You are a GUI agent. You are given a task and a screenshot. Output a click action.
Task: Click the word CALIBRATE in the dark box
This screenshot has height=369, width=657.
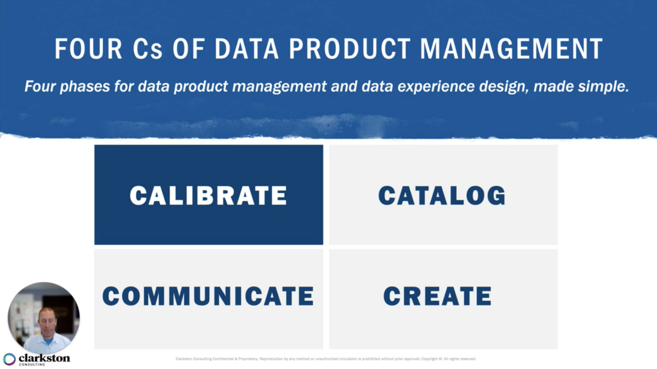click(208, 195)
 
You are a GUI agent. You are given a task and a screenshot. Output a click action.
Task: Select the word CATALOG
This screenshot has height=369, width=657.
click(442, 195)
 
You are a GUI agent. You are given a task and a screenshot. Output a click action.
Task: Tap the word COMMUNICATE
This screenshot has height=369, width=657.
click(208, 296)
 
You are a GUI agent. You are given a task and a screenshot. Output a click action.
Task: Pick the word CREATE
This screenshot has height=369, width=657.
click(437, 296)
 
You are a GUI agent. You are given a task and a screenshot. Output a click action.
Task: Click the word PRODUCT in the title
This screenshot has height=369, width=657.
click(350, 49)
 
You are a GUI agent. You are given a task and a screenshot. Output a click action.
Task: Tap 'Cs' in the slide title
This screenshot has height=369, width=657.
click(148, 49)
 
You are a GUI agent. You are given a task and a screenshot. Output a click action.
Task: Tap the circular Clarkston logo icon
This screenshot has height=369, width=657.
click(9, 359)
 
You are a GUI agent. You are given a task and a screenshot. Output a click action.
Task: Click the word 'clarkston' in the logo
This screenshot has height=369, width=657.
click(44, 358)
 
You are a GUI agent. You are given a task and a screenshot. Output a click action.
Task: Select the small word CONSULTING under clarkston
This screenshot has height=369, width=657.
click(32, 364)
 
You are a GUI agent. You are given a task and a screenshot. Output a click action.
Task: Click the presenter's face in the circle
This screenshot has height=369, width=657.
click(46, 322)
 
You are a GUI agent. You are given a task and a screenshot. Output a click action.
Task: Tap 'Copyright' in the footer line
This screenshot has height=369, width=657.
click(430, 359)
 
